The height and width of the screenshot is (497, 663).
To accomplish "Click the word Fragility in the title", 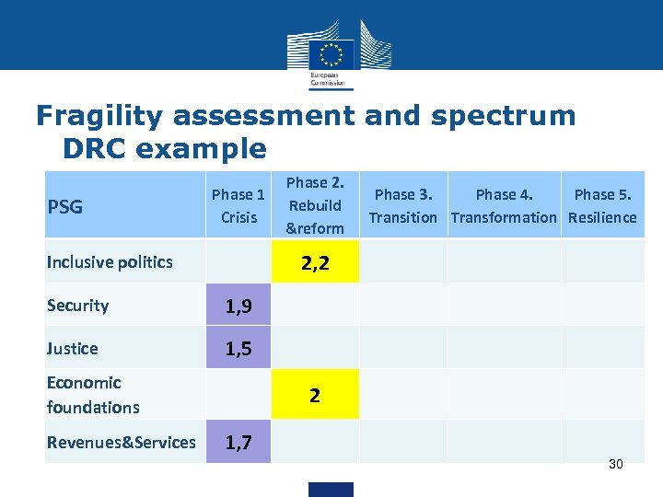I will [x=102, y=116].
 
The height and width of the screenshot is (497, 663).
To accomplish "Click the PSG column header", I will [x=64, y=206].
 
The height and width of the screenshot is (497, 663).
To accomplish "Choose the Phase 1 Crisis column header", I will [x=238, y=206].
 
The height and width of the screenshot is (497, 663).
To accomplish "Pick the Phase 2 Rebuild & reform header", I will [x=314, y=205].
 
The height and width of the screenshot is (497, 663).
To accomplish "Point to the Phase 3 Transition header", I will [x=403, y=206].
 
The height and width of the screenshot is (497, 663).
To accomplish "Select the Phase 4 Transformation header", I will [x=504, y=206].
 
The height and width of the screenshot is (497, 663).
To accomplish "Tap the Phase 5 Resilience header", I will [x=602, y=206].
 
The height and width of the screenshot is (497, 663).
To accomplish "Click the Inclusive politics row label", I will [x=110, y=262].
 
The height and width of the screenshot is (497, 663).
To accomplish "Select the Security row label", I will [x=77, y=306].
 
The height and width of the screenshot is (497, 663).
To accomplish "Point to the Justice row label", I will [x=72, y=348].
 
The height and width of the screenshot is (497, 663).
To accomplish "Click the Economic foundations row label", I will [x=93, y=395].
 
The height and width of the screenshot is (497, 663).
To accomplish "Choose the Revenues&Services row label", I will [x=121, y=443].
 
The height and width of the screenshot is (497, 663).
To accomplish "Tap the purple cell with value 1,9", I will [x=238, y=306].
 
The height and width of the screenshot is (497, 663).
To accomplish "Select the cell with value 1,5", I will [x=238, y=349].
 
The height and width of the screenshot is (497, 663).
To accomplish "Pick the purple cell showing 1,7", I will [x=238, y=444].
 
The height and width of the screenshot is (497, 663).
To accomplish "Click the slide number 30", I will [x=615, y=464].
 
